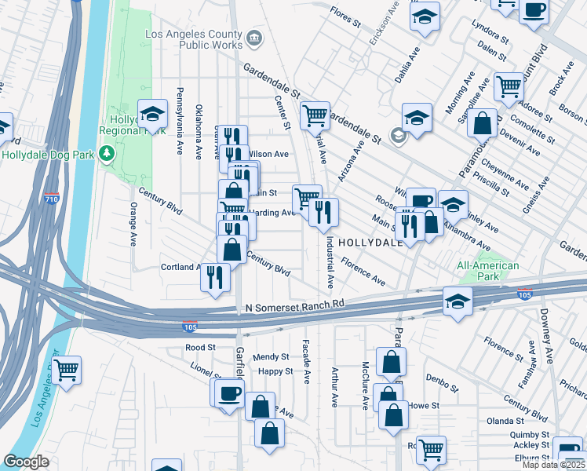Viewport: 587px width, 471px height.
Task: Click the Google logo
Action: click(26, 462)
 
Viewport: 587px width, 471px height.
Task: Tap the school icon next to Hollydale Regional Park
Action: click(153, 114)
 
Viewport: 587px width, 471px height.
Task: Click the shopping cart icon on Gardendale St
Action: click(315, 115)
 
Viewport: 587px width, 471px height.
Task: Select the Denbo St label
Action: click(442, 384)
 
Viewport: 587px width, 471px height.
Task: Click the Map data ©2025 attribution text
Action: click(553, 465)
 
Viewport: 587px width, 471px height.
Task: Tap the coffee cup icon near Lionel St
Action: click(229, 392)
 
